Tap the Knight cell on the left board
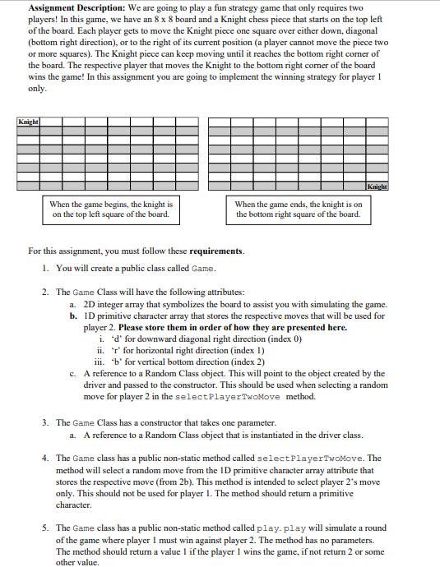click(x=28, y=122)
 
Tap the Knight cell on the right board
click(x=377, y=187)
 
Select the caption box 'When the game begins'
click(x=111, y=210)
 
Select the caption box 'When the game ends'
click(x=298, y=210)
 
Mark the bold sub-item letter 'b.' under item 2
click(x=74, y=315)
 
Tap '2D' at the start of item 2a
click(x=90, y=303)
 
